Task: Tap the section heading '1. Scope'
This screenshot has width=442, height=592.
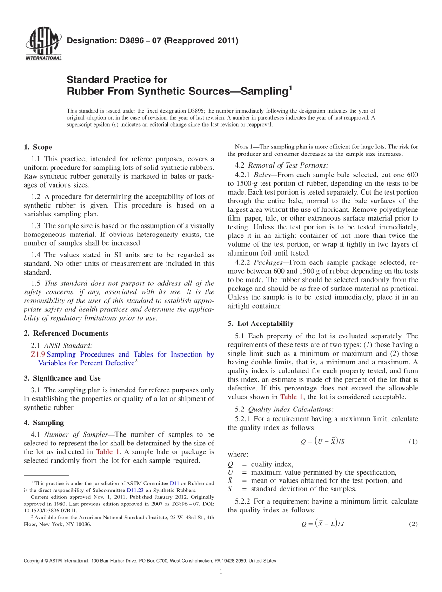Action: coord(38,147)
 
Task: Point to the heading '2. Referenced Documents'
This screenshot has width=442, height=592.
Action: coord(66,333)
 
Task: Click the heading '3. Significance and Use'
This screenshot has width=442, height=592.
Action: coord(62,378)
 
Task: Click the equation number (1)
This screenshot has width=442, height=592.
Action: coord(413,442)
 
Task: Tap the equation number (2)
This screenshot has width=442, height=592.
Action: coord(413,524)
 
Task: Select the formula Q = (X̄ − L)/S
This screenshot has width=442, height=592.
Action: coord(322,524)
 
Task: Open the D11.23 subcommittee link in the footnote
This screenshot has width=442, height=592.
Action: coord(134,490)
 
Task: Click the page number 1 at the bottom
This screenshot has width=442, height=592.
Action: coord(221,572)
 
